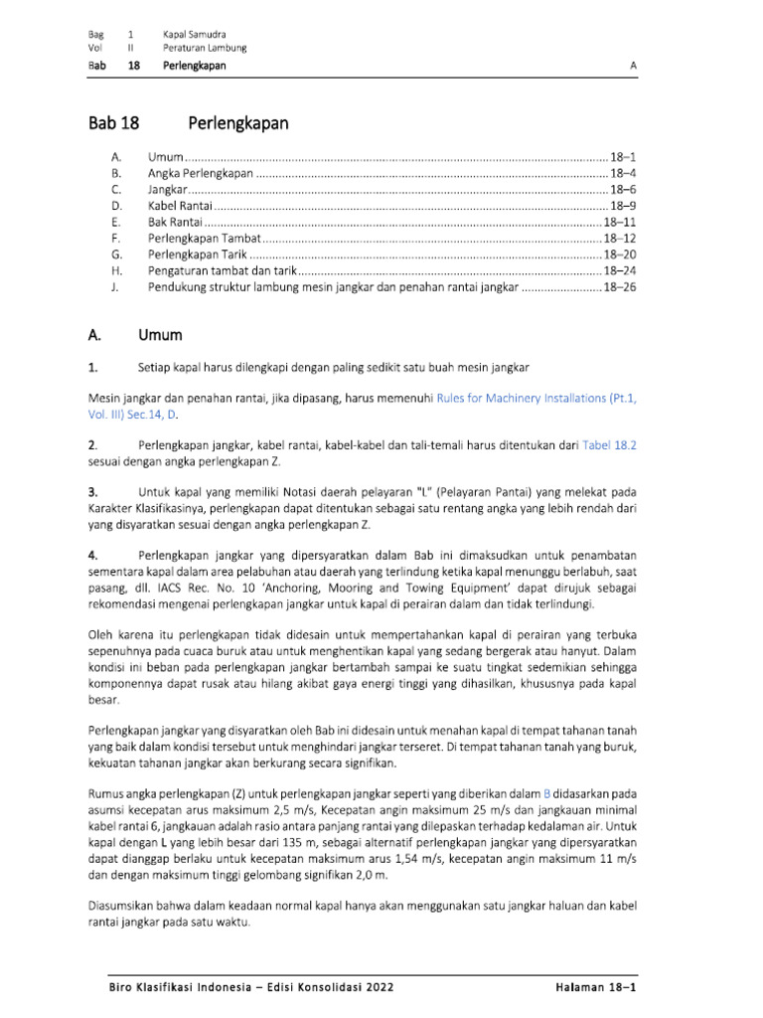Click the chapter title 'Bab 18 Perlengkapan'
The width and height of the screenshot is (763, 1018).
pos(189,124)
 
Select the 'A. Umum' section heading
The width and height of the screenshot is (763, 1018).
pos(134,335)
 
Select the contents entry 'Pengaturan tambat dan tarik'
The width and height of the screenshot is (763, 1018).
pos(223,270)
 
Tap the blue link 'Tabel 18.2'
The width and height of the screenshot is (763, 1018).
pos(609,446)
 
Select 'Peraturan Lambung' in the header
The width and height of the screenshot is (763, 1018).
pos(206,48)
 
